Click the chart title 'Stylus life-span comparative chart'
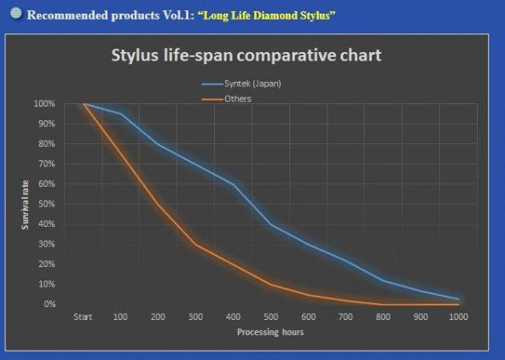tap(246, 56)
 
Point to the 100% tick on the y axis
tap(45, 104)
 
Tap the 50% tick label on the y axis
tap(47, 204)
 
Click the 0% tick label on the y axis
tap(49, 305)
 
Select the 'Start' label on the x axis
tap(84, 318)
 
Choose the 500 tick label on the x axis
tap(271, 318)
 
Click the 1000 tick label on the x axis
tap(457, 318)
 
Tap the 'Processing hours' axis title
tap(270, 332)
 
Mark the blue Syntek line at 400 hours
tap(234, 184)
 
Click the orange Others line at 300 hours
tap(196, 245)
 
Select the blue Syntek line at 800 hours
tap(383, 281)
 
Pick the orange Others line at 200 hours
tap(159, 205)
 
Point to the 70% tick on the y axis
tap(47, 164)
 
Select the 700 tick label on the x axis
tap(345, 318)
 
